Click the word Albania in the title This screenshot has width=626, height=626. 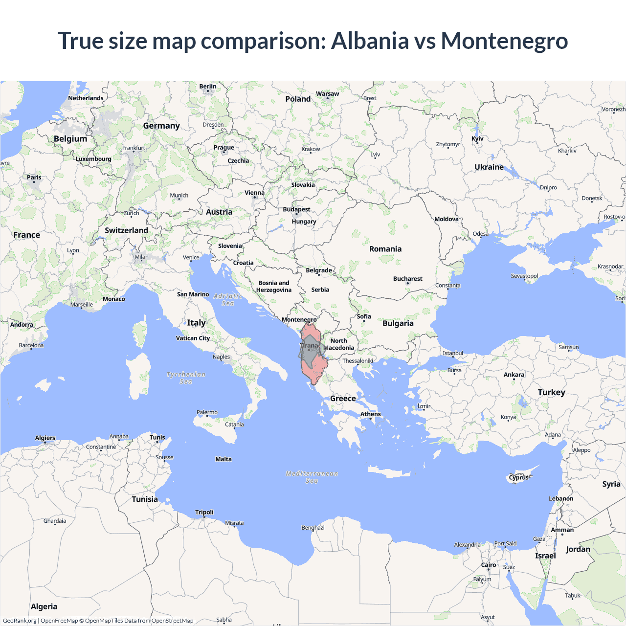click(x=370, y=41)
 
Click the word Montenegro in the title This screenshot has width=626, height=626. click(x=504, y=41)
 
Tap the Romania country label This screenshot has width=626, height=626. click(x=385, y=249)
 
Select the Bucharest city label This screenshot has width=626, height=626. click(x=407, y=279)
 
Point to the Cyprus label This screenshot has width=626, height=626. click(x=518, y=477)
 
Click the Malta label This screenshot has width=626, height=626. click(x=224, y=459)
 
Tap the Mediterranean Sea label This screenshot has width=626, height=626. click(x=312, y=477)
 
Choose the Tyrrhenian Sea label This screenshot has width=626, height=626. click(x=186, y=378)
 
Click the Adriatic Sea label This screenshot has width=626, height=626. click(x=228, y=299)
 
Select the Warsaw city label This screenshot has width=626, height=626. click(x=327, y=94)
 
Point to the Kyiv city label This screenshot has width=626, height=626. click(x=477, y=139)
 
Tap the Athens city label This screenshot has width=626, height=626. click(x=370, y=414)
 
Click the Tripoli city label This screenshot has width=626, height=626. click(x=204, y=513)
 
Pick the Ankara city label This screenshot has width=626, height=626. click(x=514, y=375)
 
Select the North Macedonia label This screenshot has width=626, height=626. click(x=339, y=344)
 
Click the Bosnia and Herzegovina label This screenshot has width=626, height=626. click(x=274, y=286)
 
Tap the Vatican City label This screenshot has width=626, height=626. click(x=193, y=338)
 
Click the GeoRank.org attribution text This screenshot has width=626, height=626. click(x=20, y=621)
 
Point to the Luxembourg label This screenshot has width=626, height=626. click(x=93, y=159)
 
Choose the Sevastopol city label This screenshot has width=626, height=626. click(x=524, y=276)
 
